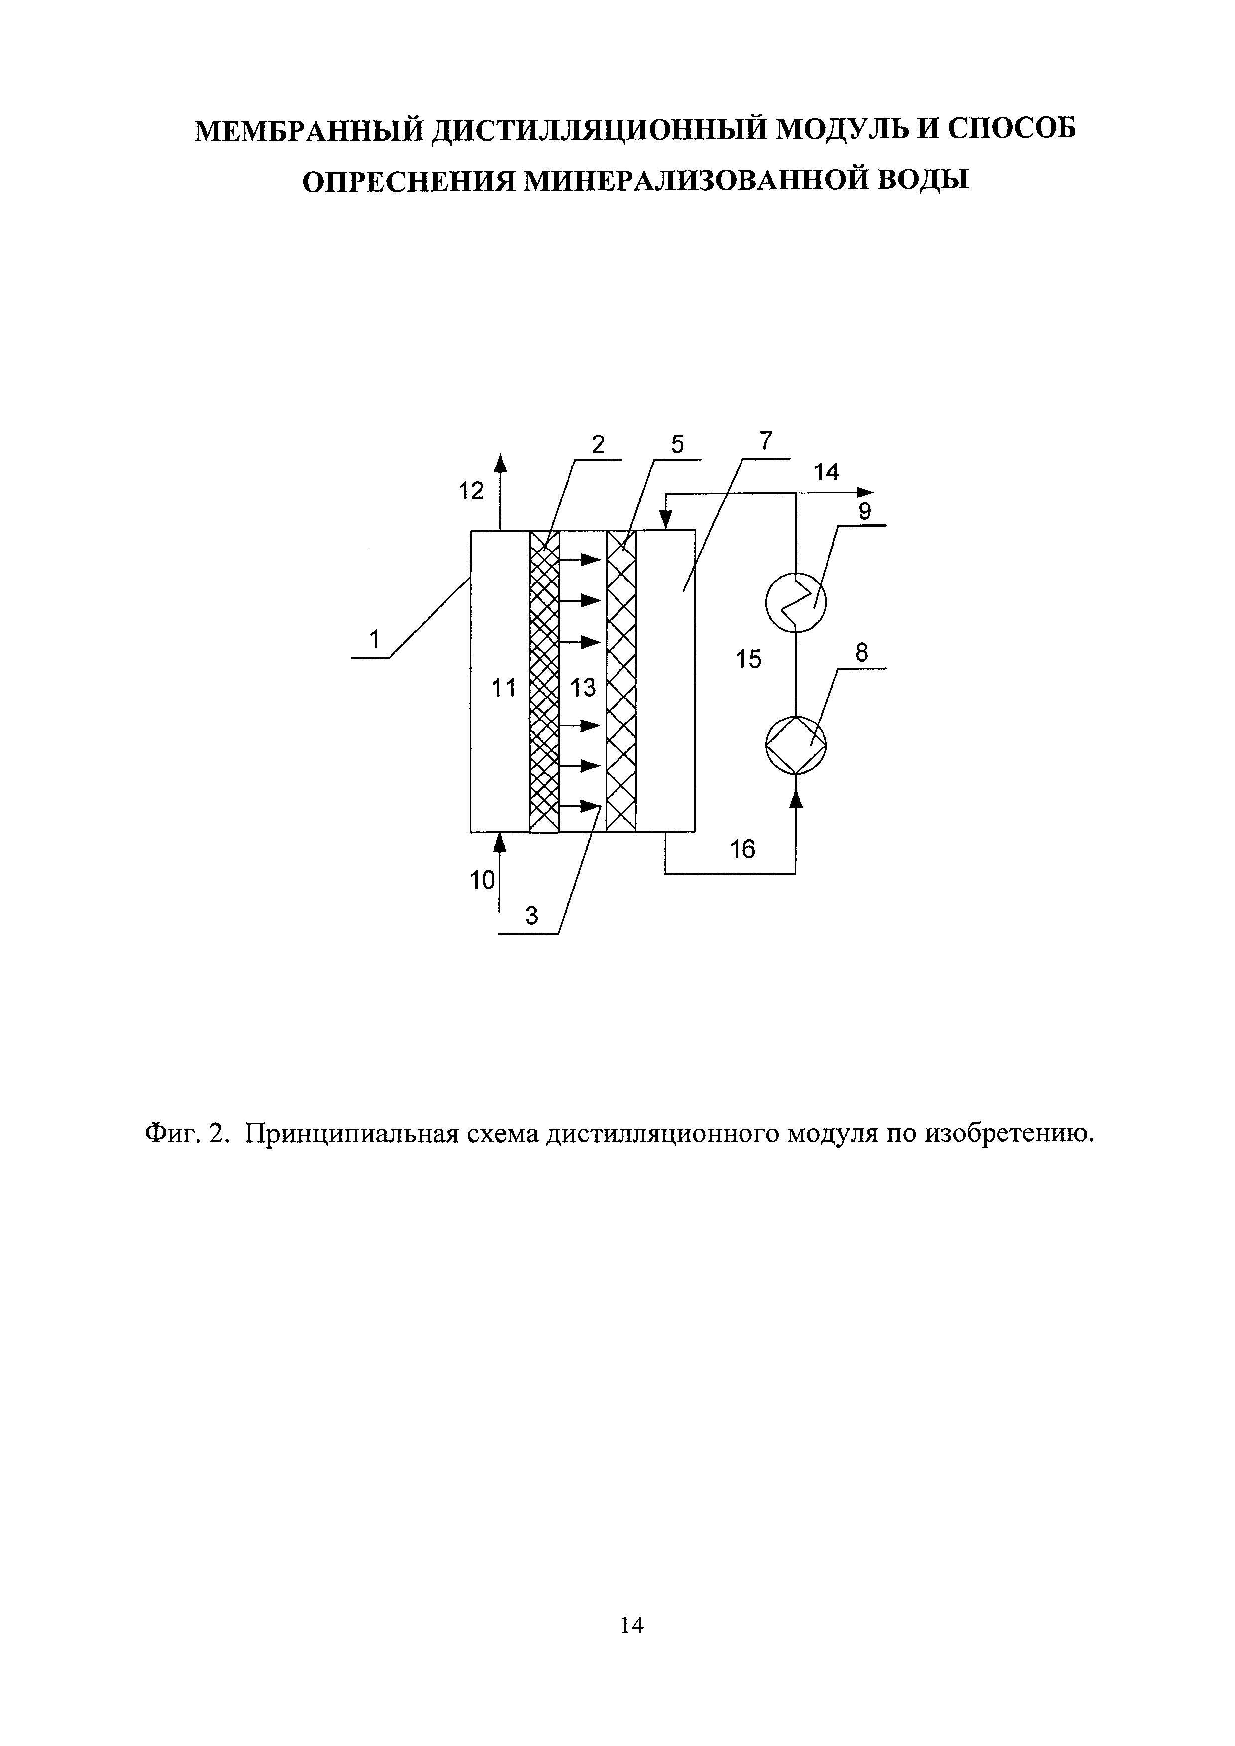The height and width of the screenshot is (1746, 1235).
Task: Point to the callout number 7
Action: coord(766,441)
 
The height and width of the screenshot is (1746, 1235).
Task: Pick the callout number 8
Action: coord(862,653)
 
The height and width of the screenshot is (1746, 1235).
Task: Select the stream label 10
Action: coord(482,881)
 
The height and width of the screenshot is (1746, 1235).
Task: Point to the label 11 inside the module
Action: coord(503,688)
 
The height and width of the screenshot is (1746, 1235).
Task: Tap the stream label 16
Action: coord(743,849)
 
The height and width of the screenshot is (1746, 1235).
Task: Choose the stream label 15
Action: coord(749,659)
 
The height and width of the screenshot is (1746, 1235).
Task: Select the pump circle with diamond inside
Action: coord(795,744)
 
